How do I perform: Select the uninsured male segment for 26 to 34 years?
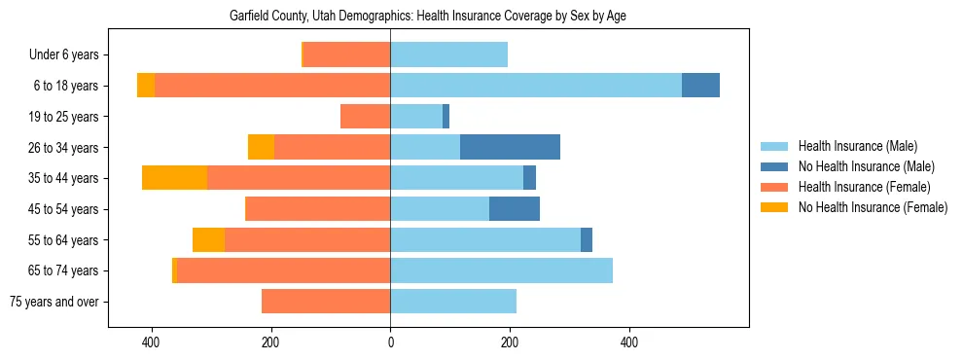[510, 147]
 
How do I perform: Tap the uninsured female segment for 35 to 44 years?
[174, 178]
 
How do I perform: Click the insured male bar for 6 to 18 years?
[536, 86]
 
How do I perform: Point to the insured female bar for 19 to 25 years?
[365, 117]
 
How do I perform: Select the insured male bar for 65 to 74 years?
[501, 270]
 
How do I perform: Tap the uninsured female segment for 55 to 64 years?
[208, 240]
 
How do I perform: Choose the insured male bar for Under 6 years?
[448, 54]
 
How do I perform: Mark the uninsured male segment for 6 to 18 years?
[700, 86]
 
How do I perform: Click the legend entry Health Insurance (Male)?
[857, 146]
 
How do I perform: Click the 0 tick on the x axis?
[390, 342]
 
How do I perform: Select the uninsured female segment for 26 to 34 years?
[261, 147]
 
